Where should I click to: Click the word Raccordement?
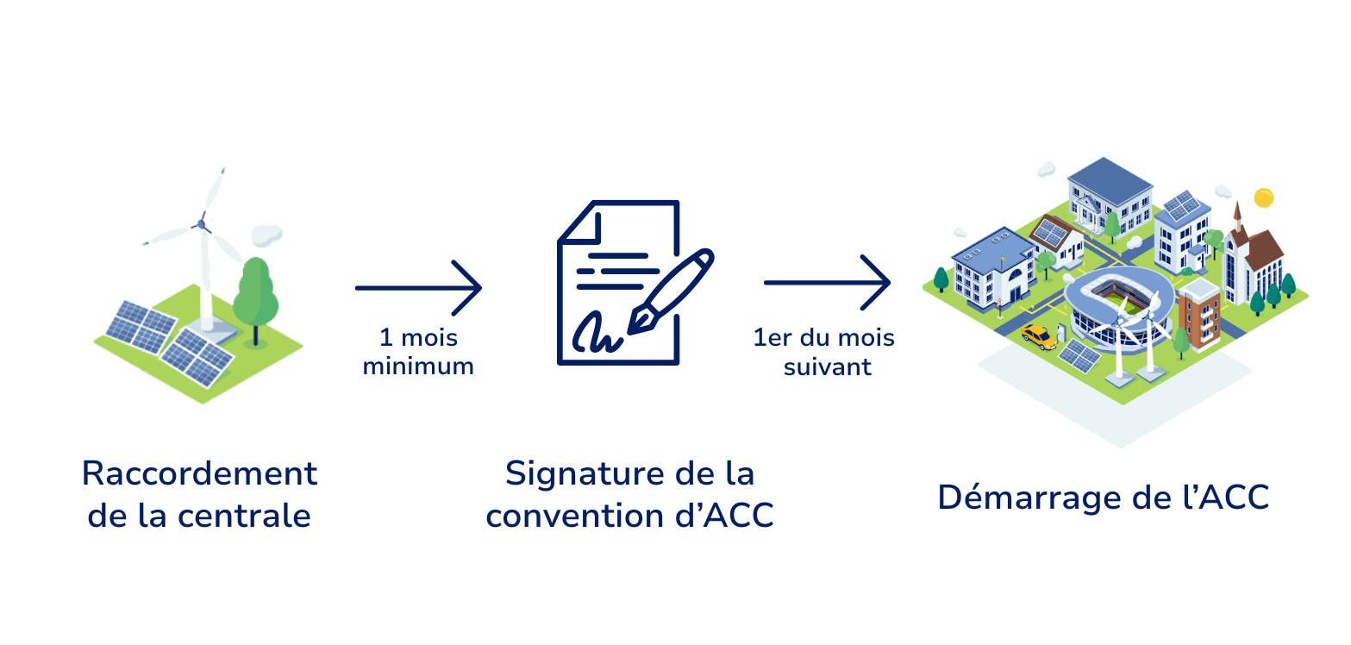click(x=199, y=473)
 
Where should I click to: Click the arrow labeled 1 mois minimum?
click(x=418, y=287)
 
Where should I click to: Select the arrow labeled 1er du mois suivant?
click(x=827, y=282)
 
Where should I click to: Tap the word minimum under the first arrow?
click(x=418, y=366)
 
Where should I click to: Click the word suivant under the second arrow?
click(x=827, y=366)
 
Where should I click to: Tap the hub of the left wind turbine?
click(x=202, y=223)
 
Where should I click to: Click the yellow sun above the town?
click(x=1263, y=197)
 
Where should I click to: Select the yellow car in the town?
click(x=1039, y=336)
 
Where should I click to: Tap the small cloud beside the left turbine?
click(x=267, y=234)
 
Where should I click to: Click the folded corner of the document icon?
click(x=576, y=222)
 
